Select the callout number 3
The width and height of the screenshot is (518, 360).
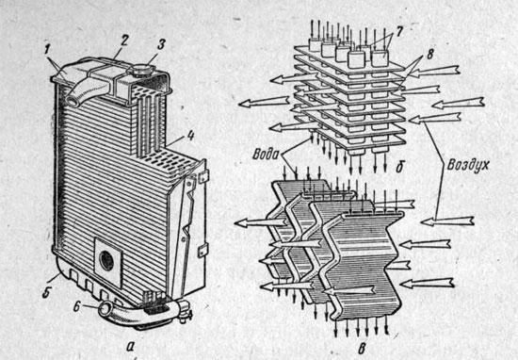[161, 44]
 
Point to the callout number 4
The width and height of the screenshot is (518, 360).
[190, 136]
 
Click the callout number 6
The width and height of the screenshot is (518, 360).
[76, 306]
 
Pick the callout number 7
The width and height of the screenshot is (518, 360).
[400, 32]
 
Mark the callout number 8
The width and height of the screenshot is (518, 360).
[429, 55]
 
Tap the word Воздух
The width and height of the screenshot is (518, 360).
[468, 165]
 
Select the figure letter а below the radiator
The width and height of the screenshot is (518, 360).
[130, 346]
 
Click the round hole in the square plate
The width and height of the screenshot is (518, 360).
[107, 260]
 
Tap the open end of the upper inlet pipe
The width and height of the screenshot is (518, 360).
[73, 101]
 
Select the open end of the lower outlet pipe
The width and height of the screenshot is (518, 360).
[105, 309]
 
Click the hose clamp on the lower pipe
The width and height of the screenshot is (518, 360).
[184, 310]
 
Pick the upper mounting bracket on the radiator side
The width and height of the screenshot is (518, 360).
[202, 176]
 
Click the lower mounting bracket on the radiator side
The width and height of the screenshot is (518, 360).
[202, 251]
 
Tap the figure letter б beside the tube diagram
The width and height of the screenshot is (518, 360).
[399, 167]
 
